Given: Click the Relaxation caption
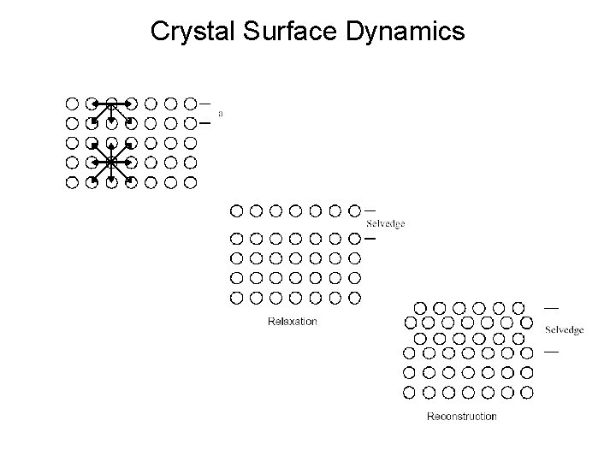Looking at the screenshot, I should tap(293, 322).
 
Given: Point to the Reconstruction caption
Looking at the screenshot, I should tap(461, 417).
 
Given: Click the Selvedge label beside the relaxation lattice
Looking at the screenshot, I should tap(385, 224).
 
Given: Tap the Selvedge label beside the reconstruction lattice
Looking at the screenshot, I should tap(564, 329).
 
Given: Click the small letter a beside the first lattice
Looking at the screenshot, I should tap(221, 112).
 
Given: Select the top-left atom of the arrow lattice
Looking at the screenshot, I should tap(72, 104).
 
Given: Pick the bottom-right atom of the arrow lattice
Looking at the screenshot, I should tap(191, 181).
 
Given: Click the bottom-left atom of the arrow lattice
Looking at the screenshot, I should tap(72, 181).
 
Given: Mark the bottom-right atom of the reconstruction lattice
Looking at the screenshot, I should tap(527, 393).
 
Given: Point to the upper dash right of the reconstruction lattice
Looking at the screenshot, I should tap(552, 306).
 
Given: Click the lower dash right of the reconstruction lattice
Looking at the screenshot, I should tap(552, 351).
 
